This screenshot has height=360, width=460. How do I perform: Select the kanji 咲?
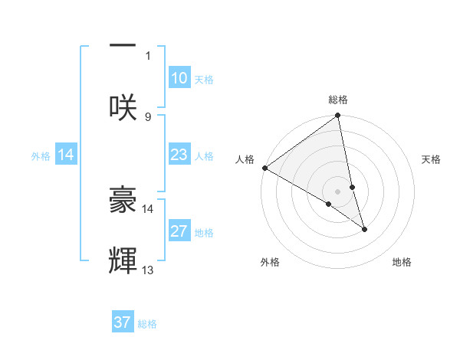(x=123, y=108)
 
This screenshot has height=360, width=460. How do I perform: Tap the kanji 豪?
(x=123, y=201)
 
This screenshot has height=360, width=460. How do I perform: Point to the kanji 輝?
(x=123, y=260)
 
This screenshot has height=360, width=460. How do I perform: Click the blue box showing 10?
(x=179, y=78)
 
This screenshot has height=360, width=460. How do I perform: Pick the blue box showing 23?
(x=179, y=155)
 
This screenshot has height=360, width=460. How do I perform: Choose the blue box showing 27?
(x=179, y=231)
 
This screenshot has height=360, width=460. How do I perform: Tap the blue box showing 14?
(x=66, y=155)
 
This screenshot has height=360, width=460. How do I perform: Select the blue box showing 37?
(x=123, y=322)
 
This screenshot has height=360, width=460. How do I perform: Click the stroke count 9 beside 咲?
(x=148, y=116)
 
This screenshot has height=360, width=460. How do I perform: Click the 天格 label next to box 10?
(x=203, y=80)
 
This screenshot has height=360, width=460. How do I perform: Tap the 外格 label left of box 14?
(x=41, y=156)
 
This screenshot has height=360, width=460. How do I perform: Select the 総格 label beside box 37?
(x=147, y=324)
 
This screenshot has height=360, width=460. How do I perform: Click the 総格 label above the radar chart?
(x=338, y=100)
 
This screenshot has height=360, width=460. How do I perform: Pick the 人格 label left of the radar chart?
(x=244, y=159)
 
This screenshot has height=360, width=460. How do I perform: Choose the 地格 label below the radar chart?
(x=402, y=262)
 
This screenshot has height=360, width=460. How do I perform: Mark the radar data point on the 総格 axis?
(x=337, y=116)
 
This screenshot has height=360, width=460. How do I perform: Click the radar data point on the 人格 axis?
(x=264, y=168)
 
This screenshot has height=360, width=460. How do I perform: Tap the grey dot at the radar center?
(x=337, y=191)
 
